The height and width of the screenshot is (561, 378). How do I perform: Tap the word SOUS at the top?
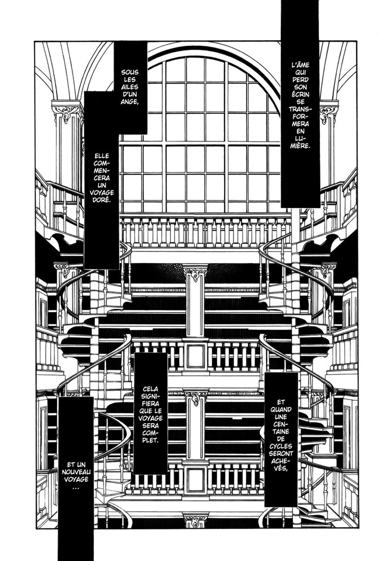(130, 72)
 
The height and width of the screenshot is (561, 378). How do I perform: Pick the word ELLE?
(101, 156)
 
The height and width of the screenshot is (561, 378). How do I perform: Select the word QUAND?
(281, 410)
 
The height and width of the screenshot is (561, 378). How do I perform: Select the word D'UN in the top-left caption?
(130, 94)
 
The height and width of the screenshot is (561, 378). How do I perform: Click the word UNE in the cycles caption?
(281, 417)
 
